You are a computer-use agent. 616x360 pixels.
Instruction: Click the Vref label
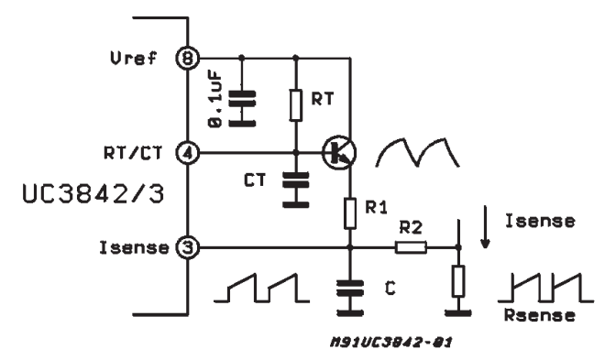[x=134, y=59]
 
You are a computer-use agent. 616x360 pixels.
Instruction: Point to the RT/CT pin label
[x=133, y=153]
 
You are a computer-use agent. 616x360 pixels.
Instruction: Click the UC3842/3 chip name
[x=93, y=194]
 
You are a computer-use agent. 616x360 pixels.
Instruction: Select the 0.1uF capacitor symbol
[x=242, y=108]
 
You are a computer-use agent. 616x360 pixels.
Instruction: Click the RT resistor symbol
[x=296, y=104]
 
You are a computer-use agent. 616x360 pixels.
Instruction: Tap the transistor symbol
[x=339, y=153]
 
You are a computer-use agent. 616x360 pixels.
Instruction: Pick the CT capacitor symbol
[x=296, y=190]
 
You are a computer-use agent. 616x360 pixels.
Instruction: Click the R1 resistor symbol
[x=350, y=213]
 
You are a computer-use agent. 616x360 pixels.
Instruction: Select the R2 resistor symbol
[x=411, y=247]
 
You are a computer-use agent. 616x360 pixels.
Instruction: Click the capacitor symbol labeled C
[x=350, y=298]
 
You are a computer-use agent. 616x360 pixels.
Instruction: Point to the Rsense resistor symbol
[x=458, y=280]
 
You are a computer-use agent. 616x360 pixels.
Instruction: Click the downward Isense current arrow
[x=486, y=227]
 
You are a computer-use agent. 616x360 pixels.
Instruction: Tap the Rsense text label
[x=540, y=315]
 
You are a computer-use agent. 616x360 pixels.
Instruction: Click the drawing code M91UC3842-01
[x=391, y=342]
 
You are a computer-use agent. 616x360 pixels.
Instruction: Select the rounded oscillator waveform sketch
[x=418, y=152]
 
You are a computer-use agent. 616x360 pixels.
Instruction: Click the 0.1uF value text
[x=215, y=99]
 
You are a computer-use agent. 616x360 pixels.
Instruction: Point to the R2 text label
[x=411, y=228]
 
